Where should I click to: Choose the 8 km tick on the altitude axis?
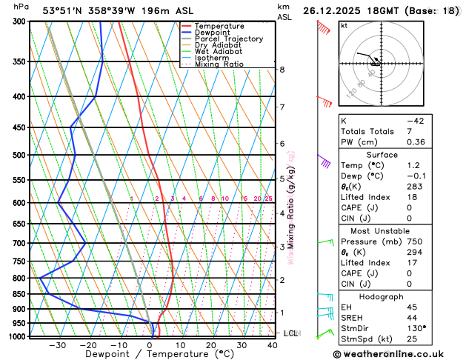pos(282,70)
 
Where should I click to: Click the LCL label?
pos(290,334)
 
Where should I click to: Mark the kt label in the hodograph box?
pos(344,26)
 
